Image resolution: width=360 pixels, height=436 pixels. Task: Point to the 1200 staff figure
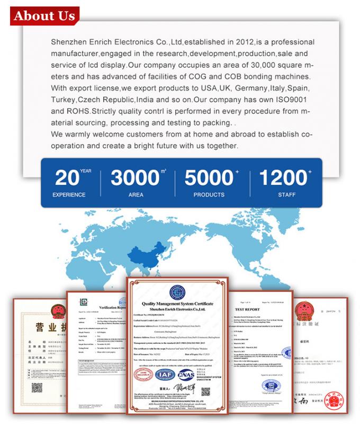coord(283,177)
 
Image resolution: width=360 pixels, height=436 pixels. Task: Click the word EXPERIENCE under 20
coord(69,195)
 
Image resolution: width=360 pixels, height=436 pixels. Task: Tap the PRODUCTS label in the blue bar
coord(209,195)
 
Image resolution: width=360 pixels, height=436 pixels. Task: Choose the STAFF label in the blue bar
coord(287,195)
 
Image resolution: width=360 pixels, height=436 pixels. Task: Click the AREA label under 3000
coord(136,195)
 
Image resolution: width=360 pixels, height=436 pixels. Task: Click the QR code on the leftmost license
coord(37,387)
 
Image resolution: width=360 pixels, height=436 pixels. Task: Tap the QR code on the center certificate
coord(205,393)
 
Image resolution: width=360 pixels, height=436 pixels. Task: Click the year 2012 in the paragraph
coord(242,41)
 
